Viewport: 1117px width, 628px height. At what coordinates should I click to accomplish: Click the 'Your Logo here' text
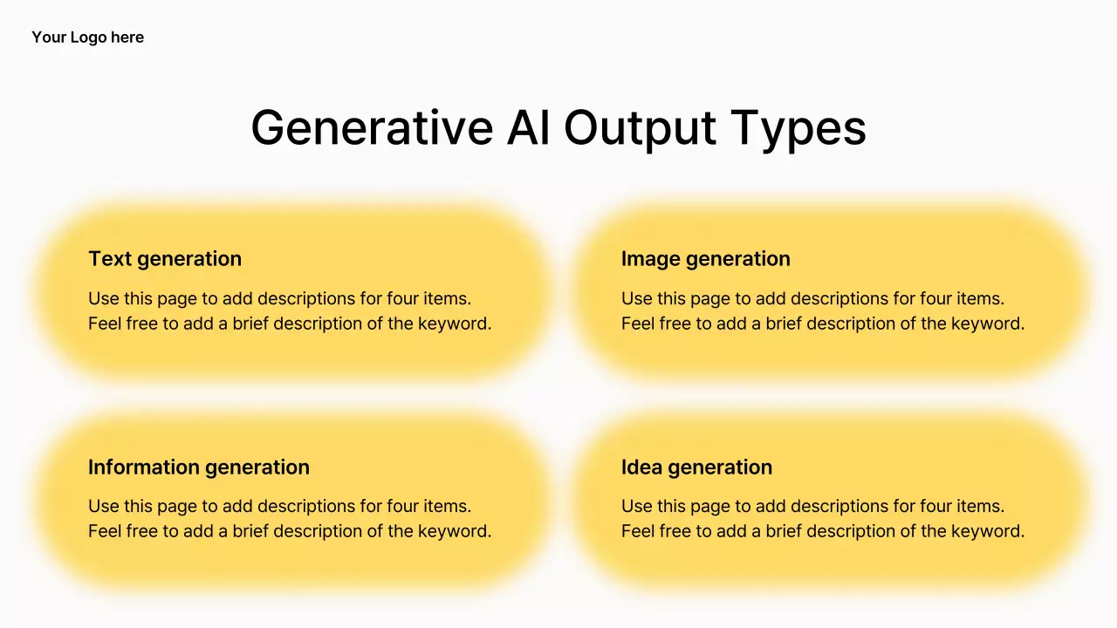[x=88, y=38]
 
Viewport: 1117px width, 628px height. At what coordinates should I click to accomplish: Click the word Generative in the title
[x=372, y=127]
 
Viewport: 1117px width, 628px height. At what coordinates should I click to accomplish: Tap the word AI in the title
[x=529, y=127]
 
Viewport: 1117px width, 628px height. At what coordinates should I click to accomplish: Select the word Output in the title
[x=640, y=130]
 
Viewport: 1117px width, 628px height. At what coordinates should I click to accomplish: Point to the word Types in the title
[x=798, y=131]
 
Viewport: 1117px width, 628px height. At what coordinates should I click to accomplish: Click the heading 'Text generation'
[x=165, y=260]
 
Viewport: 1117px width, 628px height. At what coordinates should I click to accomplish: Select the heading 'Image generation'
[x=706, y=260]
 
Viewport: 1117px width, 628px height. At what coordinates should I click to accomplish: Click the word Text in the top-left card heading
[x=110, y=259]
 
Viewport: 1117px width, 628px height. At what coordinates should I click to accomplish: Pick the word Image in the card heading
[x=650, y=260]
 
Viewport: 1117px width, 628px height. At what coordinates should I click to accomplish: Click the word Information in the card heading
[x=143, y=467]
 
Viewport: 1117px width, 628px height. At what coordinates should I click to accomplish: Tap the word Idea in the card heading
[x=641, y=467]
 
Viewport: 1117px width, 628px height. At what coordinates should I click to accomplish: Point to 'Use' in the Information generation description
[x=103, y=507]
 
